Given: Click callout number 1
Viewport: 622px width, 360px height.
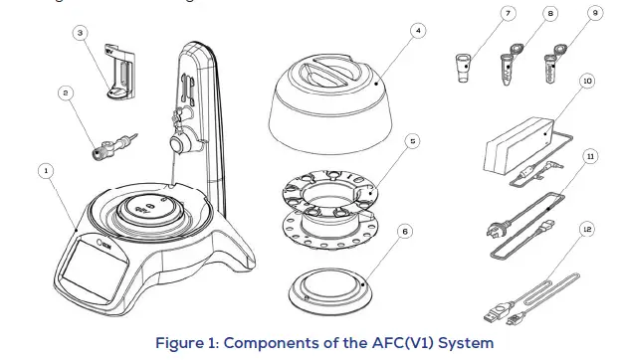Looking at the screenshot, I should tap(45, 170).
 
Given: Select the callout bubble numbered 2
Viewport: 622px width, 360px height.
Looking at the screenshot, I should tap(65, 93).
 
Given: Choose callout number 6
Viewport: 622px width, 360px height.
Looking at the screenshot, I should tap(403, 229).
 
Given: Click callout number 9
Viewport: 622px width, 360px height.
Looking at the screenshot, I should tap(594, 14).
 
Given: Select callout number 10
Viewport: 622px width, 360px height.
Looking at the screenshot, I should tap(589, 80).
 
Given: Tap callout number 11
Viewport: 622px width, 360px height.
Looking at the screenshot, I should tap(589, 157).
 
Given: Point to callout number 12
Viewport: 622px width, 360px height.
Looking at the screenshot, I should tap(589, 229).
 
